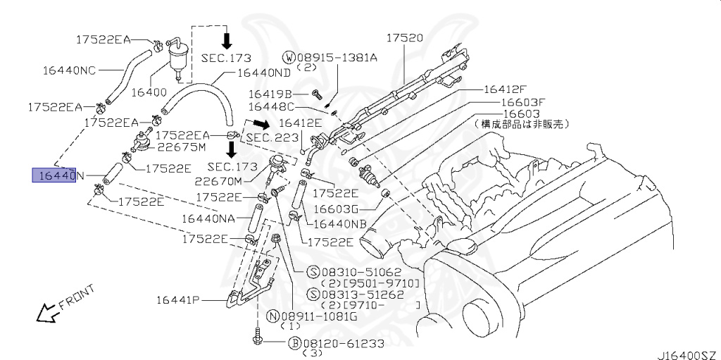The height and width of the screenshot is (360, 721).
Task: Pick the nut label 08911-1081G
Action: click(320, 316)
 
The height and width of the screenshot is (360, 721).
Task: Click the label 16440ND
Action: click(263, 73)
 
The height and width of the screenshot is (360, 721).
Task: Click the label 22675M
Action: click(181, 147)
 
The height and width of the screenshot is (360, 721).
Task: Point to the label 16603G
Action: click(337, 209)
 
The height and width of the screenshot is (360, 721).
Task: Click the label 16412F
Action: click(505, 89)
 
